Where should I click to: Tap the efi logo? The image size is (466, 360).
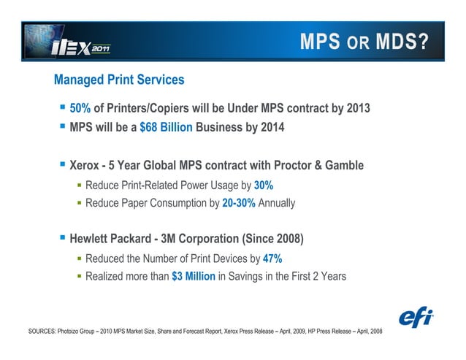[417, 318]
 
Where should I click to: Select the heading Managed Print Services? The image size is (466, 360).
[119, 80]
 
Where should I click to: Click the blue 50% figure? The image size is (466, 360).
[80, 109]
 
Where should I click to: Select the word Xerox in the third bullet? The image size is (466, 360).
[85, 166]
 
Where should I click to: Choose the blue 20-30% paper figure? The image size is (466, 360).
[239, 202]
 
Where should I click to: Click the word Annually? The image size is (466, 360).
[277, 202]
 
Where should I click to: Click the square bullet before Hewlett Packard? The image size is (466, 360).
[63, 238]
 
